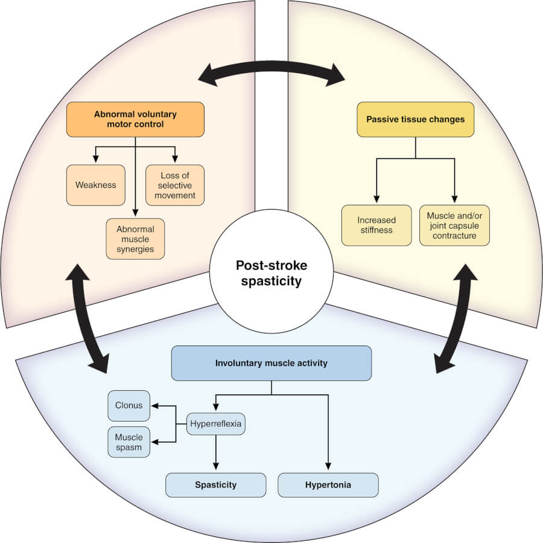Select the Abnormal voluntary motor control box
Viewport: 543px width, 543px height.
click(135, 119)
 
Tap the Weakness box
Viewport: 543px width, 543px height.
click(95, 185)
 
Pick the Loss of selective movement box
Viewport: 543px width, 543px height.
click(175, 185)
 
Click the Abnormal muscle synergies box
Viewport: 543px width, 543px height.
click(135, 239)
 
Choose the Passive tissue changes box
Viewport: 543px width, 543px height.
click(416, 119)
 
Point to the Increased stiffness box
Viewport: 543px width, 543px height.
click(376, 225)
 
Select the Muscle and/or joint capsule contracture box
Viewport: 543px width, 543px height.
click(454, 225)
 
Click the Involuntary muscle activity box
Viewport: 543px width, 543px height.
click(271, 363)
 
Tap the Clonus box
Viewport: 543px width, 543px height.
click(129, 405)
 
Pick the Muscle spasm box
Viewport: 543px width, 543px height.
click(129, 442)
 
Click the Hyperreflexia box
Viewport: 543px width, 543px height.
click(215, 424)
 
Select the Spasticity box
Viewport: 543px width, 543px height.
click(215, 485)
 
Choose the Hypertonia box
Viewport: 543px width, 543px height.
click(328, 485)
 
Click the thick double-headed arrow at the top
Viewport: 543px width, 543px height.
click(271, 72)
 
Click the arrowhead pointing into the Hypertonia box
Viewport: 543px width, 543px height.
click(328, 467)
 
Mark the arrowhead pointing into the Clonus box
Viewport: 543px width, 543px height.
click(154, 406)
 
